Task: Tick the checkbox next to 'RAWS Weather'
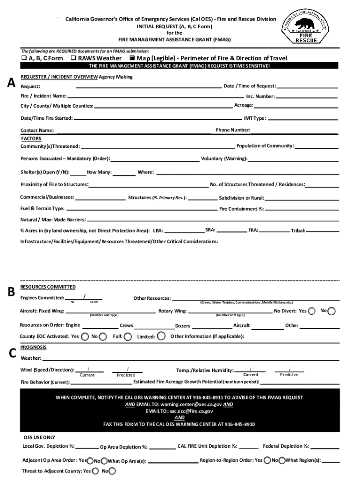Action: pyautogui.click(x=73, y=58)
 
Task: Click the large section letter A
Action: pyautogui.click(x=11, y=82)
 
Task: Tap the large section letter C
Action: pyautogui.click(x=13, y=353)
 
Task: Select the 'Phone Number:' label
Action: pyautogui.click(x=233, y=130)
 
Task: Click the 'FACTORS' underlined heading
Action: pyautogui.click(x=31, y=139)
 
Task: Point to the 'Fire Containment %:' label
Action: pyautogui.click(x=242, y=209)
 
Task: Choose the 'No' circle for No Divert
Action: pyautogui.click(x=331, y=311)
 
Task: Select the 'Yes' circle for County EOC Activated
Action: pyautogui.click(x=85, y=336)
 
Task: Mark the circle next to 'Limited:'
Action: pyautogui.click(x=161, y=335)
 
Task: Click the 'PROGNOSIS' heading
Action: pyautogui.click(x=33, y=347)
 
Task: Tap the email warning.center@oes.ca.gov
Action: pyautogui.click(x=190, y=404)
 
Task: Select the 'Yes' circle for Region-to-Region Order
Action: pyautogui.click(x=267, y=460)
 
